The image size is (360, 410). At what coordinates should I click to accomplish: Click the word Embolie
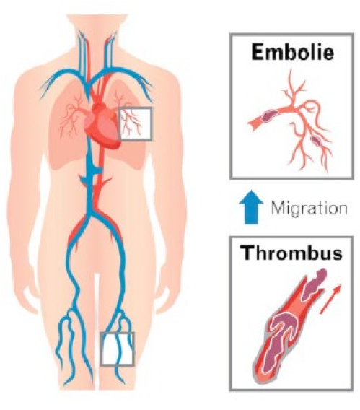pyautogui.click(x=293, y=52)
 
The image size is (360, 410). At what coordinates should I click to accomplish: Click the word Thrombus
pyautogui.click(x=291, y=253)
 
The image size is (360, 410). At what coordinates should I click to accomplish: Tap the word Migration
pyautogui.click(x=309, y=208)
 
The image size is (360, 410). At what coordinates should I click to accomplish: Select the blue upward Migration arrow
pyautogui.click(x=251, y=207)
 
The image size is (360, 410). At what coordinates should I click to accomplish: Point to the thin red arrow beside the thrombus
pyautogui.click(x=330, y=299)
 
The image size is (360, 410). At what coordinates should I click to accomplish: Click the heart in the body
pyautogui.click(x=102, y=126)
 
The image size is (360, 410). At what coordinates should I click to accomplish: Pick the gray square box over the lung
pyautogui.click(x=136, y=123)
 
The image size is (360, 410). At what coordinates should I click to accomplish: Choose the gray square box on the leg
pyautogui.click(x=118, y=349)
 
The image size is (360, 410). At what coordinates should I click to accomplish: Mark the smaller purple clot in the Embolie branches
pyautogui.click(x=316, y=141)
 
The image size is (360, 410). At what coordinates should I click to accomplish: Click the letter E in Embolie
pyautogui.click(x=258, y=52)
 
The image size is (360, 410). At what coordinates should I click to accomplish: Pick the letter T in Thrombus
pyautogui.click(x=248, y=253)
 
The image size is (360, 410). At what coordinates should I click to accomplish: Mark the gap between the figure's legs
pyautogui.click(x=97, y=327)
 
